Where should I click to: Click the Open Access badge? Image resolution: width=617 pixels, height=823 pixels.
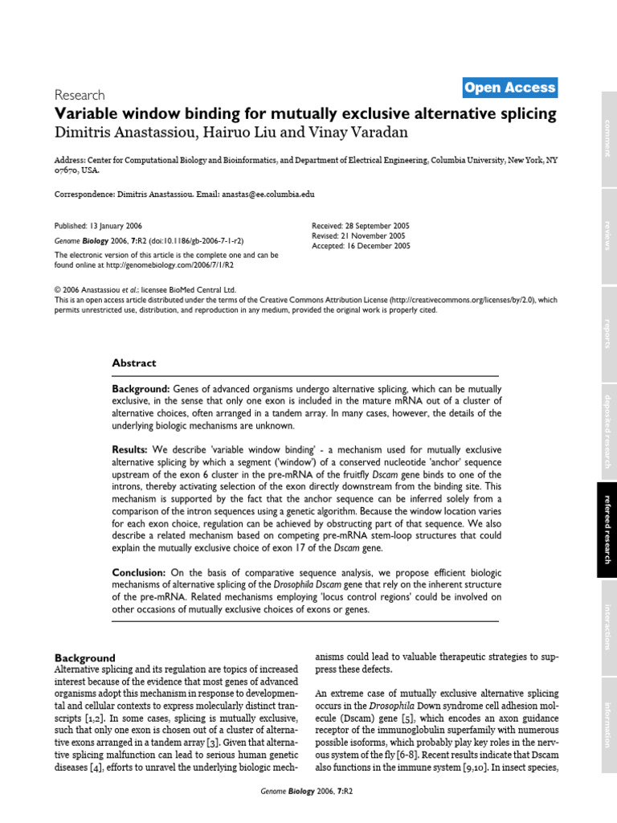509,88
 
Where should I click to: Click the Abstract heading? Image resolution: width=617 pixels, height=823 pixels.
134,363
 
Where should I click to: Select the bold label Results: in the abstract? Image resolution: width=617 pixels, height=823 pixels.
129,449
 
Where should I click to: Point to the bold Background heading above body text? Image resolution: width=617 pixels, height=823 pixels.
84,657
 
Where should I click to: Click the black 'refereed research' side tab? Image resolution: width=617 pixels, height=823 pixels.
608,530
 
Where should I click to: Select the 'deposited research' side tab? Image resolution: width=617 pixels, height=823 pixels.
608,431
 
